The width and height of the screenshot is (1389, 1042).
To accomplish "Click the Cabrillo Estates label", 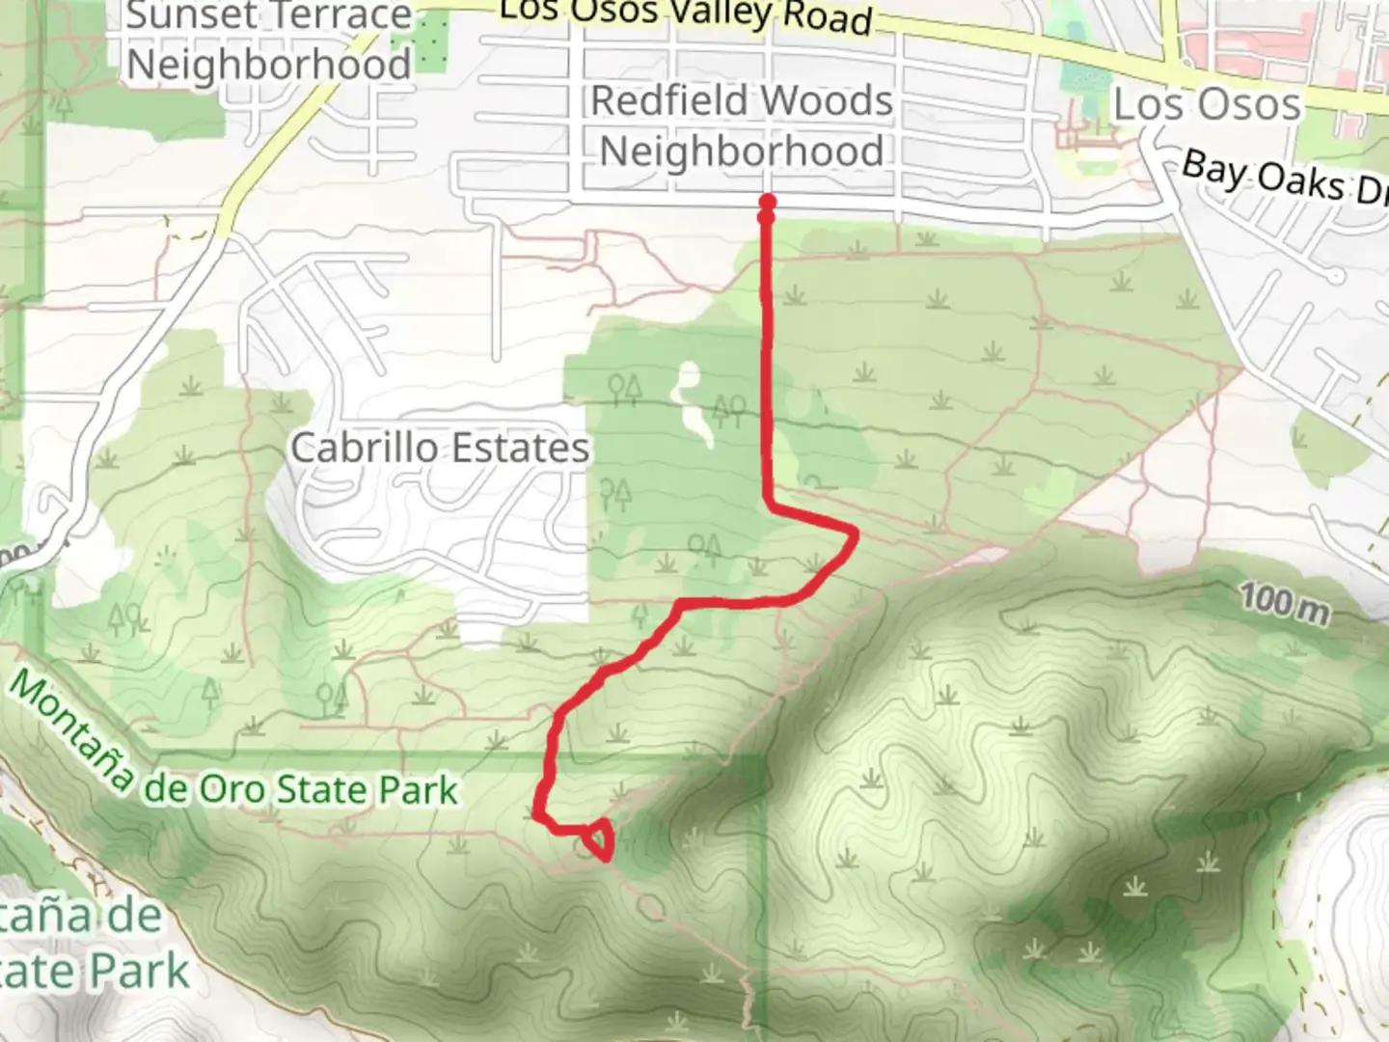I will coord(440,449).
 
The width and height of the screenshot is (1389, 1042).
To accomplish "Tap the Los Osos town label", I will coord(1207,104).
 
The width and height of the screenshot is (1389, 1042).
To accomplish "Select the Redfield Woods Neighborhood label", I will coord(741,125).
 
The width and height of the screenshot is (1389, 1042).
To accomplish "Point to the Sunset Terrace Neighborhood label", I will coord(269,41).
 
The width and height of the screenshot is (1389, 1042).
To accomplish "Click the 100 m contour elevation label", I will coord(1284,603).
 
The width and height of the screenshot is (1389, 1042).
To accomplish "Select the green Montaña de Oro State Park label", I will coord(231,753).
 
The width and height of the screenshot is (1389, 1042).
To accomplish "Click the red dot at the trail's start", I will coord(768,203).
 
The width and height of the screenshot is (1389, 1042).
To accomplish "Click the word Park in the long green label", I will coord(418,790).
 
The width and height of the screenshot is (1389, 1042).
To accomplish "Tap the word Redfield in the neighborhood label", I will coord(669,100).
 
